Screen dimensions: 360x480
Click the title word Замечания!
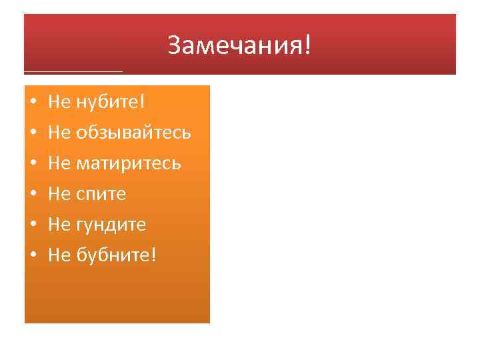pos(239,46)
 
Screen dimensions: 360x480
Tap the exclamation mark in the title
pos(307,45)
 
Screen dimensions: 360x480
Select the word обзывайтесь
pos(133,133)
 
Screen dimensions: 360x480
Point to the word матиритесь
pos(128,163)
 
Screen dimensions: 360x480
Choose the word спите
pos(101,194)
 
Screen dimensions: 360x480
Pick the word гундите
pos(111,225)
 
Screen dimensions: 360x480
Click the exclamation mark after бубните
pos(153,255)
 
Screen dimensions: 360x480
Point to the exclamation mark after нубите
pos(142,101)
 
